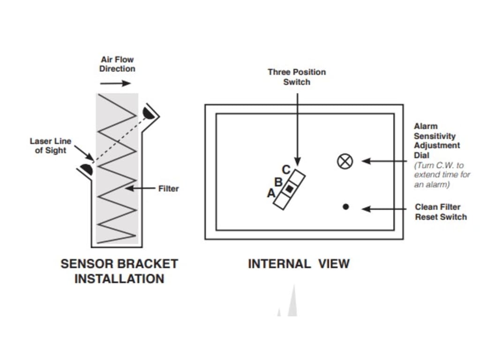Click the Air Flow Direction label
(117, 64)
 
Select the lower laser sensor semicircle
(87, 169)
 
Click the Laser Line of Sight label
(51, 146)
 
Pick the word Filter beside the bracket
(168, 188)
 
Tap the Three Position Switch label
(297, 77)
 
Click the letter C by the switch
(286, 170)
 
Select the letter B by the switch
(278, 181)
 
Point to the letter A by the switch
(270, 192)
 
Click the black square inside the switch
(290, 188)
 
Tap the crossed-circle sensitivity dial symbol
(345, 161)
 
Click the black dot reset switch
(346, 206)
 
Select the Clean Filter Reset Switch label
(441, 212)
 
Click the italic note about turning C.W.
(442, 175)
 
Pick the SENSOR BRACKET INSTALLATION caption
(119, 271)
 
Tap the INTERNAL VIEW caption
(299, 264)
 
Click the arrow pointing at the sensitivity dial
(384, 161)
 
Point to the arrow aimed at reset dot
(384, 209)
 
